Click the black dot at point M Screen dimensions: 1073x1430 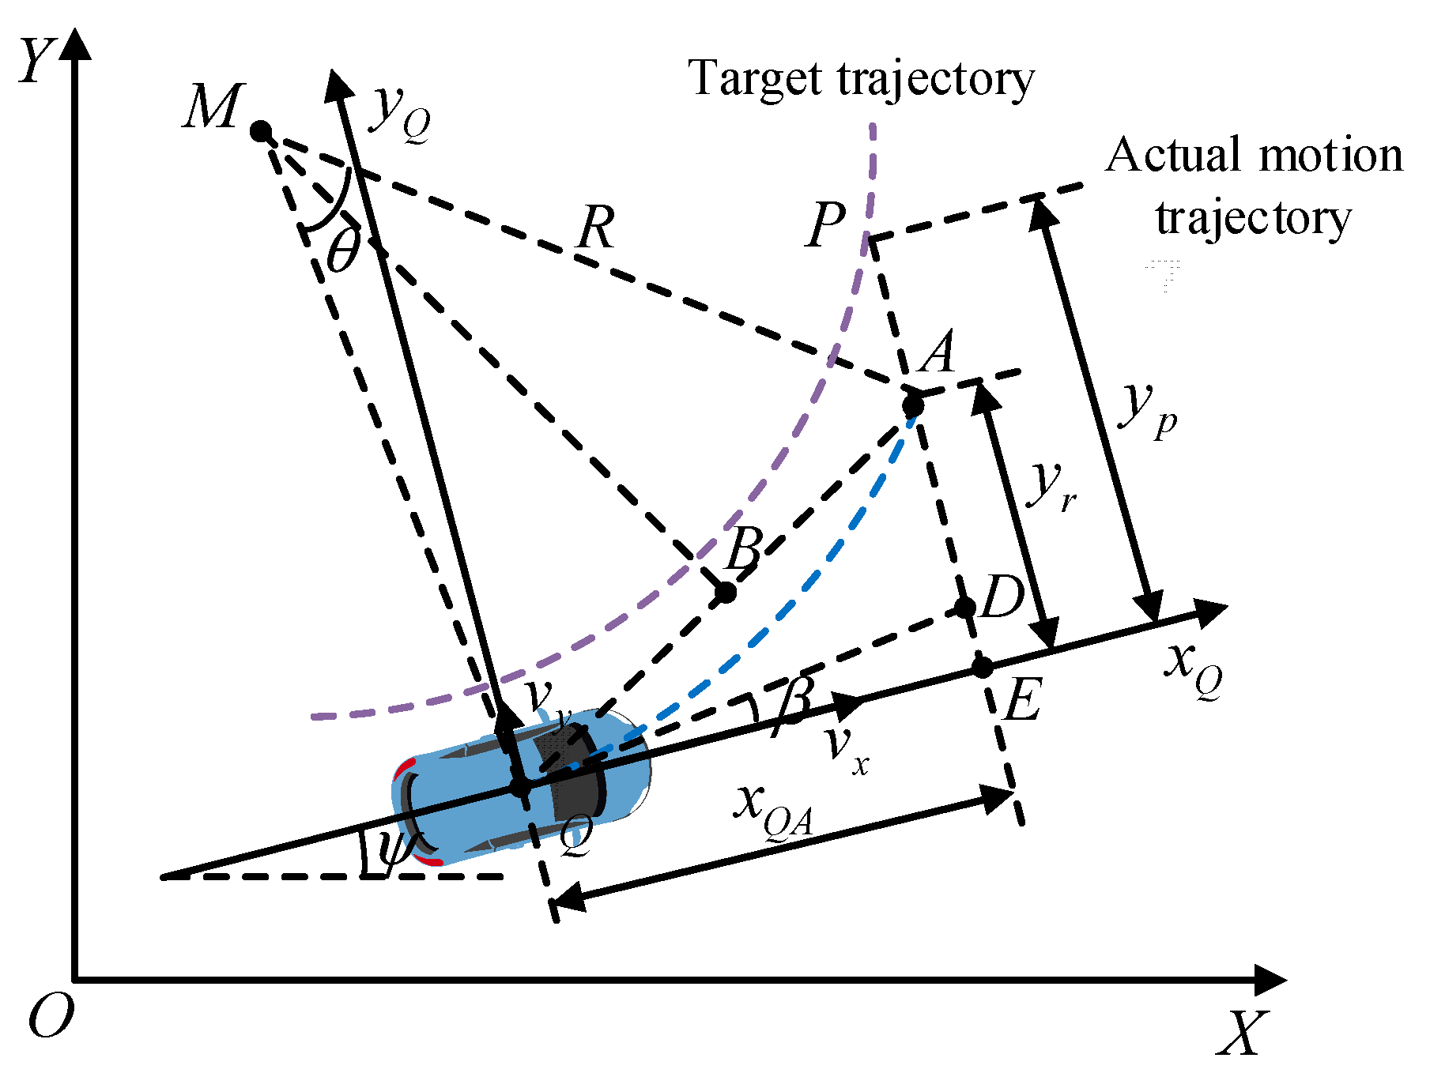(261, 131)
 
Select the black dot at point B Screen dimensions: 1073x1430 (725, 592)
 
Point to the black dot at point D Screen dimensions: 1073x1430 (965, 608)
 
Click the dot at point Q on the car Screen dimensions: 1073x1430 (520, 787)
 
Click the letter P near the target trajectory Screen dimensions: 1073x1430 (827, 224)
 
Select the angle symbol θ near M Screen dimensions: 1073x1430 (343, 251)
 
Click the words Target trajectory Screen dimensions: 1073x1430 (861, 80)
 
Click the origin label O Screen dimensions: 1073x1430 (51, 1017)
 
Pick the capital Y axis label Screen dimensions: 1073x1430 (37, 61)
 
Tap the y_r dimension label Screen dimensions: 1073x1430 (1052, 485)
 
